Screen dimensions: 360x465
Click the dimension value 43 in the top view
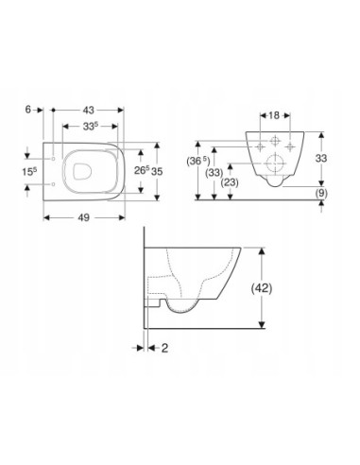[88, 110]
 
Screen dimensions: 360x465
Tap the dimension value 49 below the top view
[84, 217]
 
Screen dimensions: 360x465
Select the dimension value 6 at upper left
[28, 110]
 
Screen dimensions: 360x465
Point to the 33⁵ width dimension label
[91, 127]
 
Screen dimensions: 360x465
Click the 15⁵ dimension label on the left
[29, 172]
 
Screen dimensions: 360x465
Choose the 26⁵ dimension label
[142, 170]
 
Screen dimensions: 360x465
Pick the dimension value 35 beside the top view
[157, 171]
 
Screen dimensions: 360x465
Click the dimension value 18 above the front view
[274, 115]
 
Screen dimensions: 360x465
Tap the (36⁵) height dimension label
[198, 161]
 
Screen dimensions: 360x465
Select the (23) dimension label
[230, 182]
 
